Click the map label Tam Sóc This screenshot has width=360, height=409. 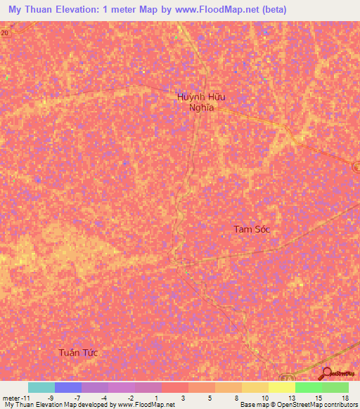click(252, 229)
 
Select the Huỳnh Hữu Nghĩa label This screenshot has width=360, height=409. click(201, 103)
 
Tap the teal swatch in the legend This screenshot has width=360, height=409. click(41, 387)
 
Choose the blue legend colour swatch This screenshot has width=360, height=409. click(68, 387)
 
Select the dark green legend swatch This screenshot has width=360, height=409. click(335, 387)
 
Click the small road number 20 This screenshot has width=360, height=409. click(5, 33)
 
